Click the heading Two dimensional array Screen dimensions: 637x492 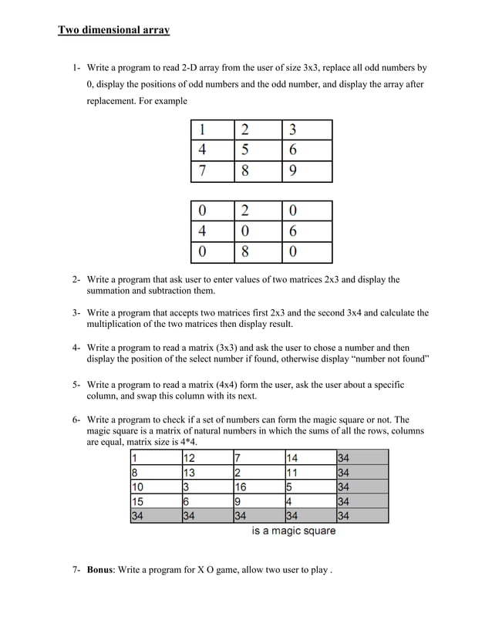coord(114,30)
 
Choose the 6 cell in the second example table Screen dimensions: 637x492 coord(306,232)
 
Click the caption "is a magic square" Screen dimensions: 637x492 coord(294,531)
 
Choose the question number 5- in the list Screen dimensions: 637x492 coord(77,384)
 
